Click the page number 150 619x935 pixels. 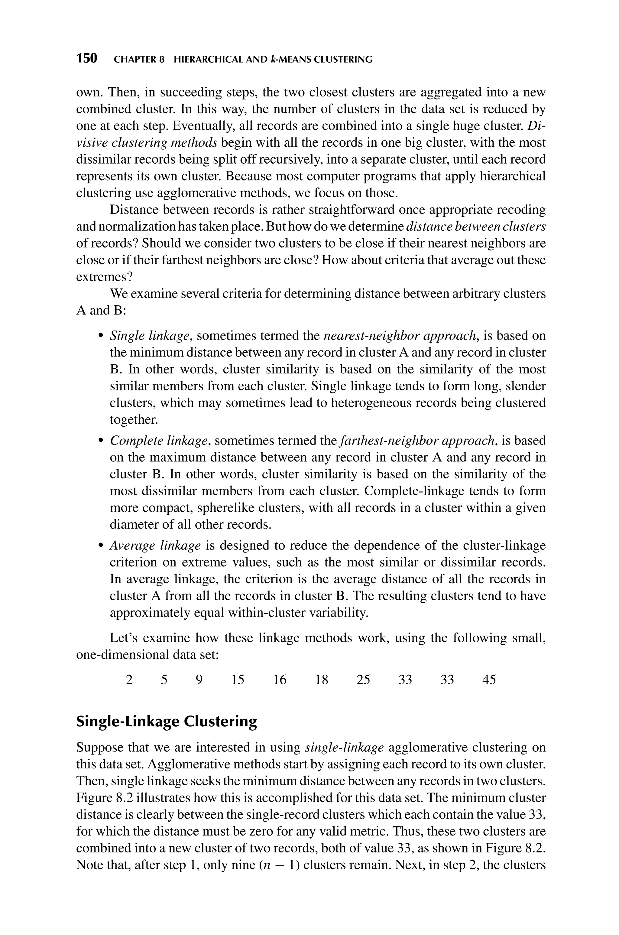tap(86, 59)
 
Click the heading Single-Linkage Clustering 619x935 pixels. tap(166, 722)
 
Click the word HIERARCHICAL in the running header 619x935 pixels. tap(210, 60)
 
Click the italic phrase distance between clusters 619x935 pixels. tap(476, 226)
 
